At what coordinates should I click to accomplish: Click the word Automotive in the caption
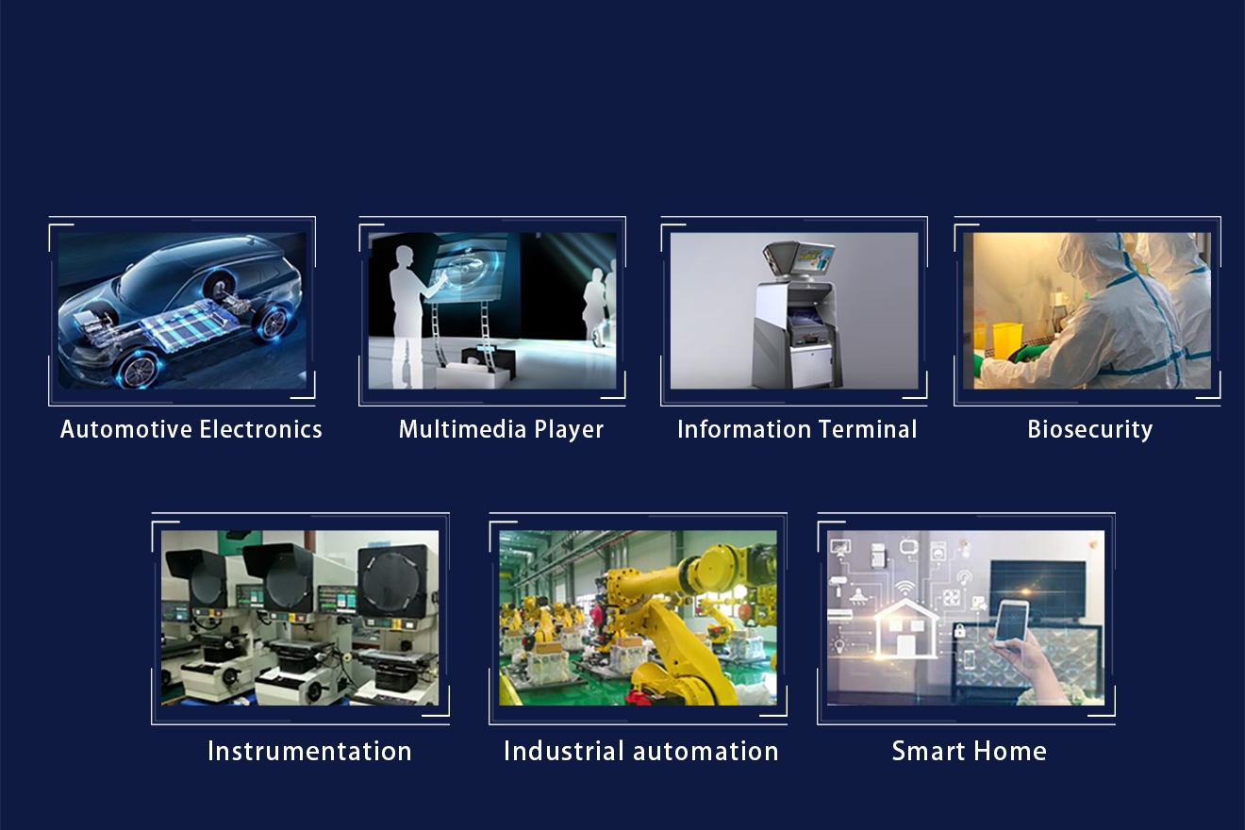(126, 429)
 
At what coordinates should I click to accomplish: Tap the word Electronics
(260, 429)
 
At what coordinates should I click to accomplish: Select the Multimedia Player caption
(501, 430)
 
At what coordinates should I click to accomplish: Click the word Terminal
(868, 429)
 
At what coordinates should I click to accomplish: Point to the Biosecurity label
(1090, 430)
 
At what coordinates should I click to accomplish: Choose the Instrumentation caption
(309, 751)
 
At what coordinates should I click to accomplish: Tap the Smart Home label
(970, 751)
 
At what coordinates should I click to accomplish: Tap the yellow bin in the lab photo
(1007, 340)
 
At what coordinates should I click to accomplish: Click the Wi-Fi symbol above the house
(905, 588)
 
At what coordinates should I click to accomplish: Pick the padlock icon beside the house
(959, 631)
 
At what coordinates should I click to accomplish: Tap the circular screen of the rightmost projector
(392, 580)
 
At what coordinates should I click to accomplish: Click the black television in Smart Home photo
(1037, 589)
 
